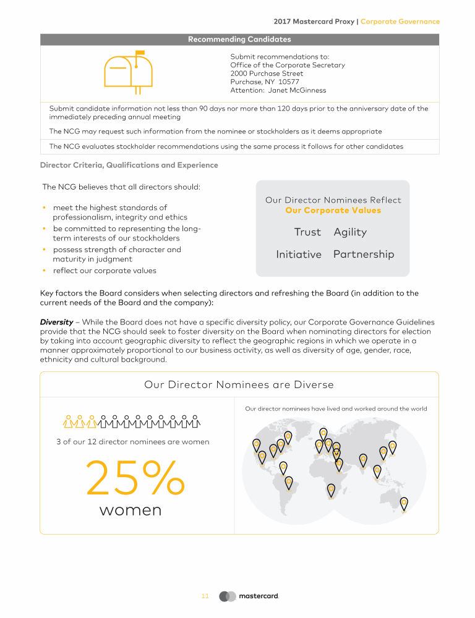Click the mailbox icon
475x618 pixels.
(x=127, y=72)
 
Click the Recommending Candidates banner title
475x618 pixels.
(x=239, y=40)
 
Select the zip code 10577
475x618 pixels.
(x=289, y=82)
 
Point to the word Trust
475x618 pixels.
(x=307, y=232)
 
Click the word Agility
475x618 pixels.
(x=350, y=232)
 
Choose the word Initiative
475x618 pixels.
(x=299, y=255)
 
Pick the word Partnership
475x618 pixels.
(x=364, y=255)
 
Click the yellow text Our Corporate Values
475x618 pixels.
(x=333, y=211)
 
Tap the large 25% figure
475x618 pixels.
(x=135, y=478)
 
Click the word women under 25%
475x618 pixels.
(x=131, y=510)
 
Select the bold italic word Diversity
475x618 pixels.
(x=57, y=322)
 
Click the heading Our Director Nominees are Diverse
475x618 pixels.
(x=239, y=385)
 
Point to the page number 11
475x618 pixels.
(x=205, y=596)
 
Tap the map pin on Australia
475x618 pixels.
(x=404, y=503)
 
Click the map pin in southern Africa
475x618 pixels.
(x=331, y=490)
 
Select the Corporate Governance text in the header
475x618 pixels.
(x=400, y=22)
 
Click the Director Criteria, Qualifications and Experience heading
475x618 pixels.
(x=129, y=165)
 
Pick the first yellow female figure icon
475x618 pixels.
(x=69, y=421)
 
